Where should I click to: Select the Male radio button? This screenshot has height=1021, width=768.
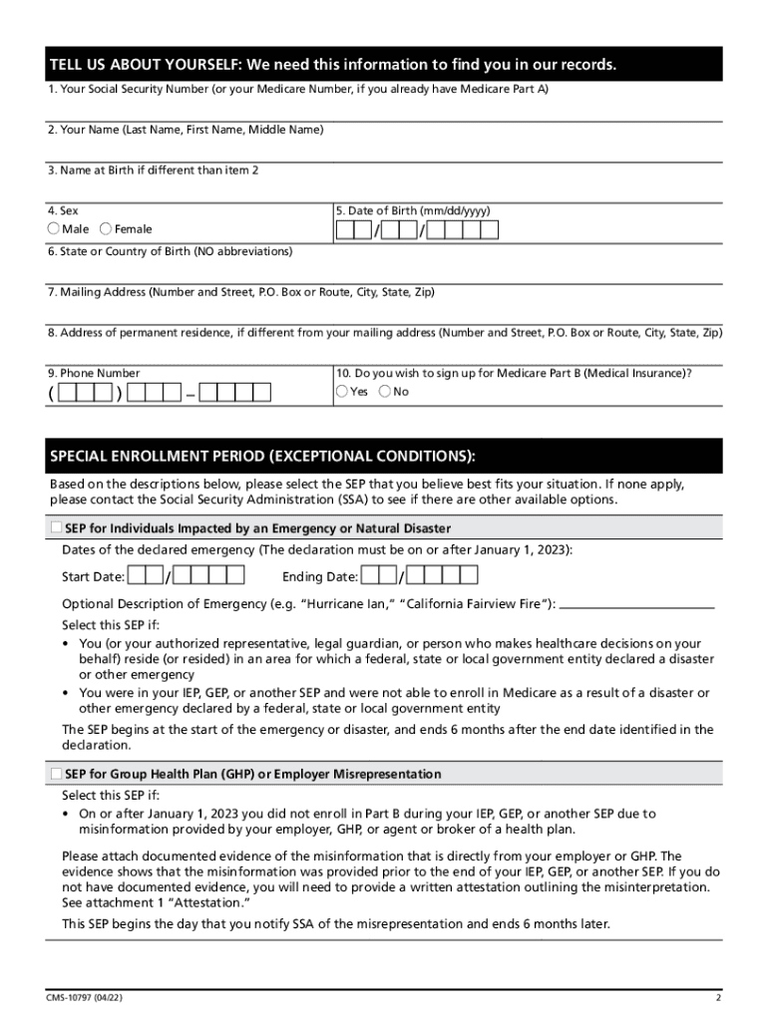click(x=54, y=229)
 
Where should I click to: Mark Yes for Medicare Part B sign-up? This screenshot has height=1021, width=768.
click(x=342, y=392)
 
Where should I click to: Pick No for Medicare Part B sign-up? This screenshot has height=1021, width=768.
click(x=385, y=392)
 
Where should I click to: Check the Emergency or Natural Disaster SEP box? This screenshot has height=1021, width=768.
click(x=55, y=528)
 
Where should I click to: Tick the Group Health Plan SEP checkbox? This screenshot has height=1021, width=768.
click(x=55, y=775)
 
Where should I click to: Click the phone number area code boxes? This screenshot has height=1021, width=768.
click(x=84, y=392)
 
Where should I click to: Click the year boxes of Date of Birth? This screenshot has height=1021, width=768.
click(x=469, y=231)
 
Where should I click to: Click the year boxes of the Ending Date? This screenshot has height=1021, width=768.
click(x=443, y=576)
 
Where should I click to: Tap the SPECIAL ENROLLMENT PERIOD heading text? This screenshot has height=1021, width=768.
click(x=261, y=457)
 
